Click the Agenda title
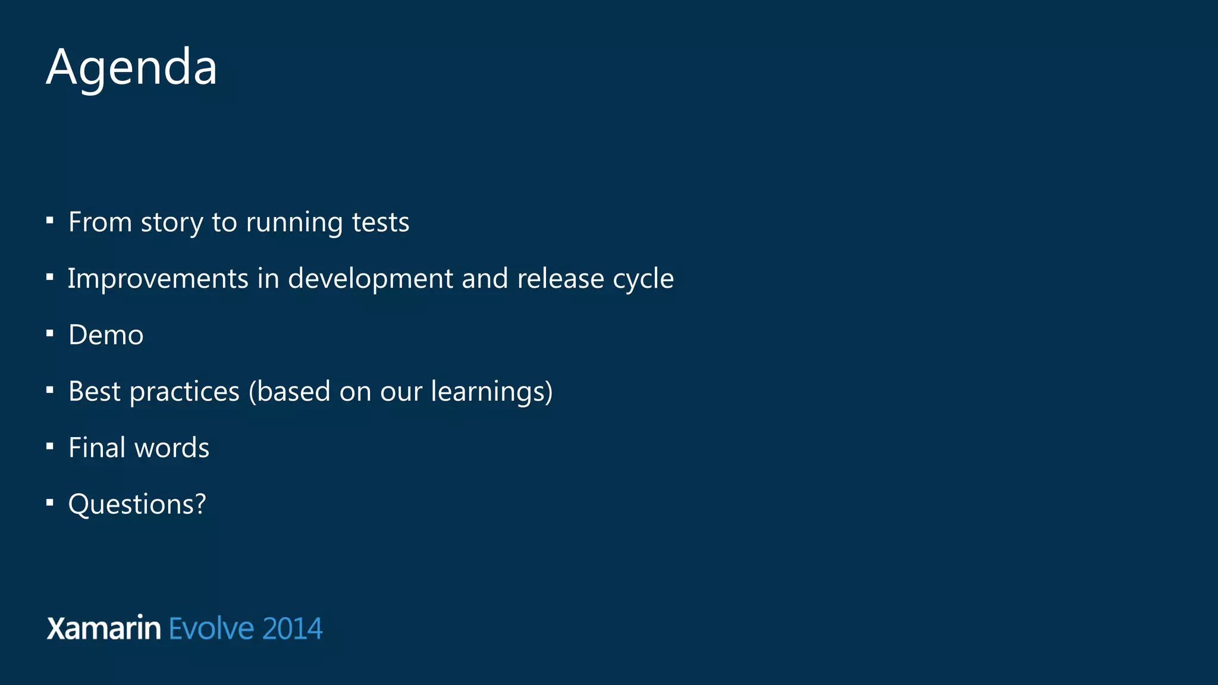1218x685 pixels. pos(131,67)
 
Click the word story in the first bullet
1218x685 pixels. pos(172,223)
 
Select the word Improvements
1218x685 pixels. pos(158,279)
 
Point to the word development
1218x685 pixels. pos(370,279)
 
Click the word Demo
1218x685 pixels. pos(106,335)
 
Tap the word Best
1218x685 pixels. pos(95,391)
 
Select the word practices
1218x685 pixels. pos(184,392)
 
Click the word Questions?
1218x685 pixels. pos(137,504)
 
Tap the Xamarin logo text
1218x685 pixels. pos(103,629)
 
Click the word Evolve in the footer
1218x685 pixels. pos(211,629)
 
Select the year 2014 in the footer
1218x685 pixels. pos(292,629)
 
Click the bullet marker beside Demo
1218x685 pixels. pos(50,334)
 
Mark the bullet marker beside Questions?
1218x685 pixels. pos(50,503)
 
